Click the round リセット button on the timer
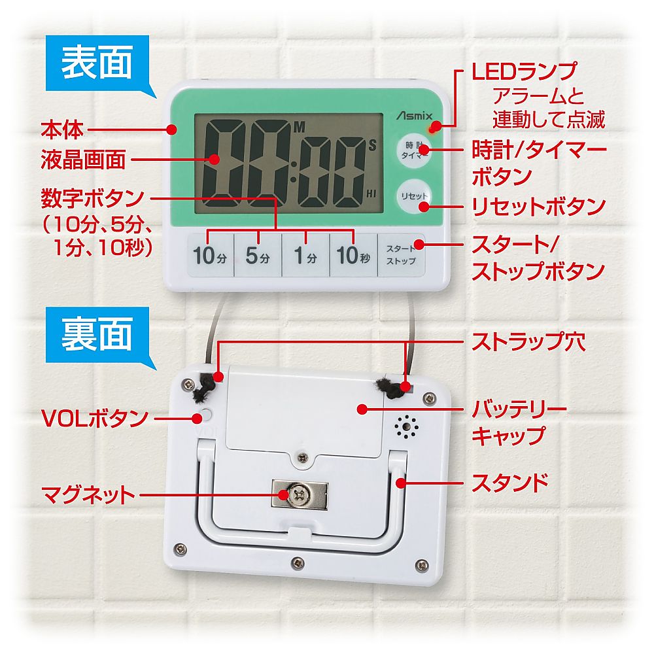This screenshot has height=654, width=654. [414, 196]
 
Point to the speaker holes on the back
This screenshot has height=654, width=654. [407, 428]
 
